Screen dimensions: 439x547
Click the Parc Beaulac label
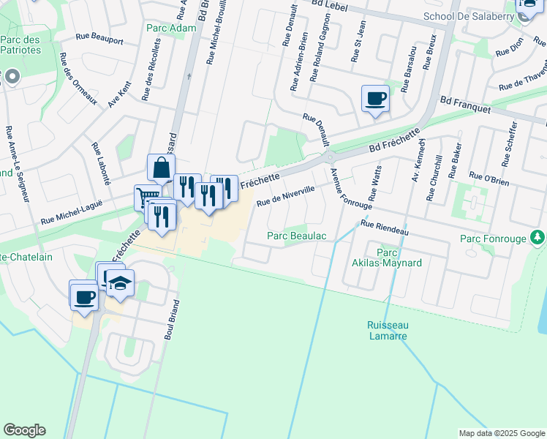[x=296, y=236]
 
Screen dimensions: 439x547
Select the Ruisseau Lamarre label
[x=387, y=330]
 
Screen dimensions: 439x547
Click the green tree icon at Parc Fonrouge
[x=537, y=237]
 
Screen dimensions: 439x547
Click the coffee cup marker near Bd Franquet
[x=375, y=99]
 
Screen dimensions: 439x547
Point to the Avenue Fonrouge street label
[x=340, y=184]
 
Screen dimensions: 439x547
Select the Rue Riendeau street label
[x=384, y=227]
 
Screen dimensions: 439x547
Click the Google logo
[x=24, y=430]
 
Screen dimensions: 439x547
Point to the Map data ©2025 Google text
[x=501, y=433]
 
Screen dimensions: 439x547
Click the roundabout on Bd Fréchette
[x=330, y=157]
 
